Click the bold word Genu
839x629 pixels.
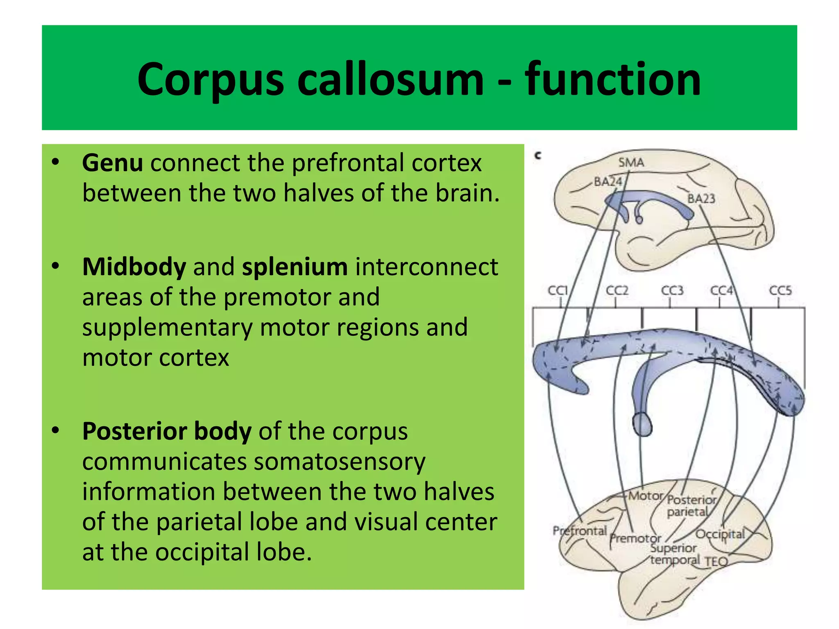112,163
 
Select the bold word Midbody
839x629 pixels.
134,267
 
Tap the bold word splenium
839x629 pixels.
295,267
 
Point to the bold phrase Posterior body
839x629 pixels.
167,431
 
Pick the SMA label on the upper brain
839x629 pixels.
631,163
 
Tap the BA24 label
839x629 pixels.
608,181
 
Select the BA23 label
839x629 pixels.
701,199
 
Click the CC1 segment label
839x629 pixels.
558,290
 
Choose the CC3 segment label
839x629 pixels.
672,290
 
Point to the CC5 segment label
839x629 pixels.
780,290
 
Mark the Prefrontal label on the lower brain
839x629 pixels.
579,531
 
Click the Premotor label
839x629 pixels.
635,538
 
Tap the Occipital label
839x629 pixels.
720,534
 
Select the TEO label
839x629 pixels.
716,561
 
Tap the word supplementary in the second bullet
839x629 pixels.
167,328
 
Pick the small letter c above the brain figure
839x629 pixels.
538,156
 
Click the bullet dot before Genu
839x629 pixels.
56,162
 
